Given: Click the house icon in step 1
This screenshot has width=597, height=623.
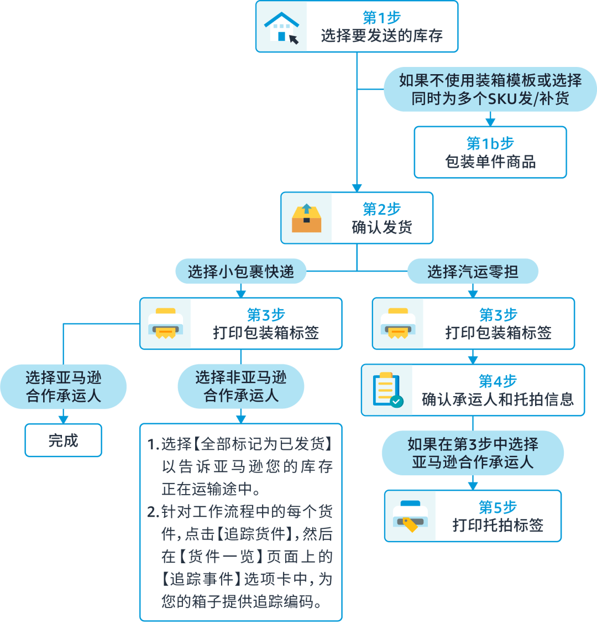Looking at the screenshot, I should (281, 27).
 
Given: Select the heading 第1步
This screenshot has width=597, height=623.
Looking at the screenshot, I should (381, 17).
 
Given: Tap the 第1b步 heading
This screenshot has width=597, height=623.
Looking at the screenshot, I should (490, 143).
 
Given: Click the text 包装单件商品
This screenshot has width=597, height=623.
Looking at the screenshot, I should (490, 162).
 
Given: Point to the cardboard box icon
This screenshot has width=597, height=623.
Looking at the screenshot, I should (306, 219).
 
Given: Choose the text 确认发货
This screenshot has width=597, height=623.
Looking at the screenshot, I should (381, 227).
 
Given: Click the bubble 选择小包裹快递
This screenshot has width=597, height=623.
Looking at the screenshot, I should (240, 272).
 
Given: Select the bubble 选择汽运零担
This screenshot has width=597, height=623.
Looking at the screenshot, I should (473, 272).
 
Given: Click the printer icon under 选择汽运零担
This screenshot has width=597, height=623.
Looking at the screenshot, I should (397, 324).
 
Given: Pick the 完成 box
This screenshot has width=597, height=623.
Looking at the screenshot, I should (63, 440).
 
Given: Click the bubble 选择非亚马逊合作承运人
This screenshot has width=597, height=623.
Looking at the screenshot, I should (240, 386).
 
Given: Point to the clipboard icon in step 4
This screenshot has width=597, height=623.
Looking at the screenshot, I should (387, 390).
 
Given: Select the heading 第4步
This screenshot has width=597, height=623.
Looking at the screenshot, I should (498, 381).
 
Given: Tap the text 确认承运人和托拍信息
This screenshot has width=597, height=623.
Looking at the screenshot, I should (498, 399).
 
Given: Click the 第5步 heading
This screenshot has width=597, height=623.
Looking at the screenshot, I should (498, 507).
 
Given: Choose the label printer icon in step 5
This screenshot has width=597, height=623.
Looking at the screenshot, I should (410, 516).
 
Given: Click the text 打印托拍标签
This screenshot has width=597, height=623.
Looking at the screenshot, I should (498, 525).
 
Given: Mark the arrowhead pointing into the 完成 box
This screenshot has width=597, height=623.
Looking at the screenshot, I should (63, 419).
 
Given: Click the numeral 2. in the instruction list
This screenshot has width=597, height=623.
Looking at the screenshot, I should (153, 512).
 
